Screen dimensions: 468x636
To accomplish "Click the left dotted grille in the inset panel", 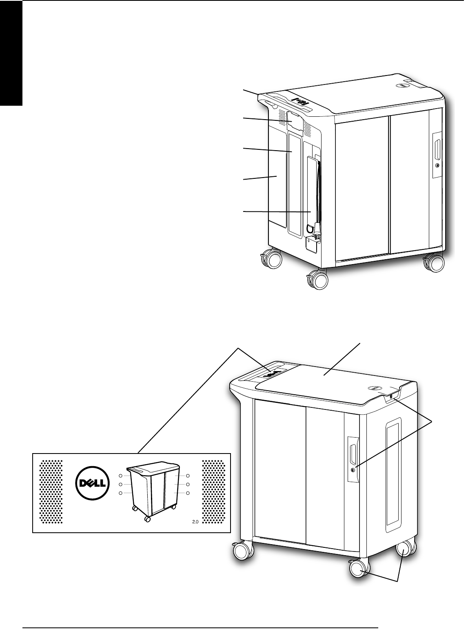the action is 51,492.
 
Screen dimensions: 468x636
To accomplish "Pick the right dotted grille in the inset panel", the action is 215,492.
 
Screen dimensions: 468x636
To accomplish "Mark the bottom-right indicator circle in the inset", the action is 188,494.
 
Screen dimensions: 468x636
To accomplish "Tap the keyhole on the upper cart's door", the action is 437,166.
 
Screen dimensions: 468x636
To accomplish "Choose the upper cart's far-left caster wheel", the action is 271,259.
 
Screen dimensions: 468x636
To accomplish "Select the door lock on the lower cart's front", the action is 353,470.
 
